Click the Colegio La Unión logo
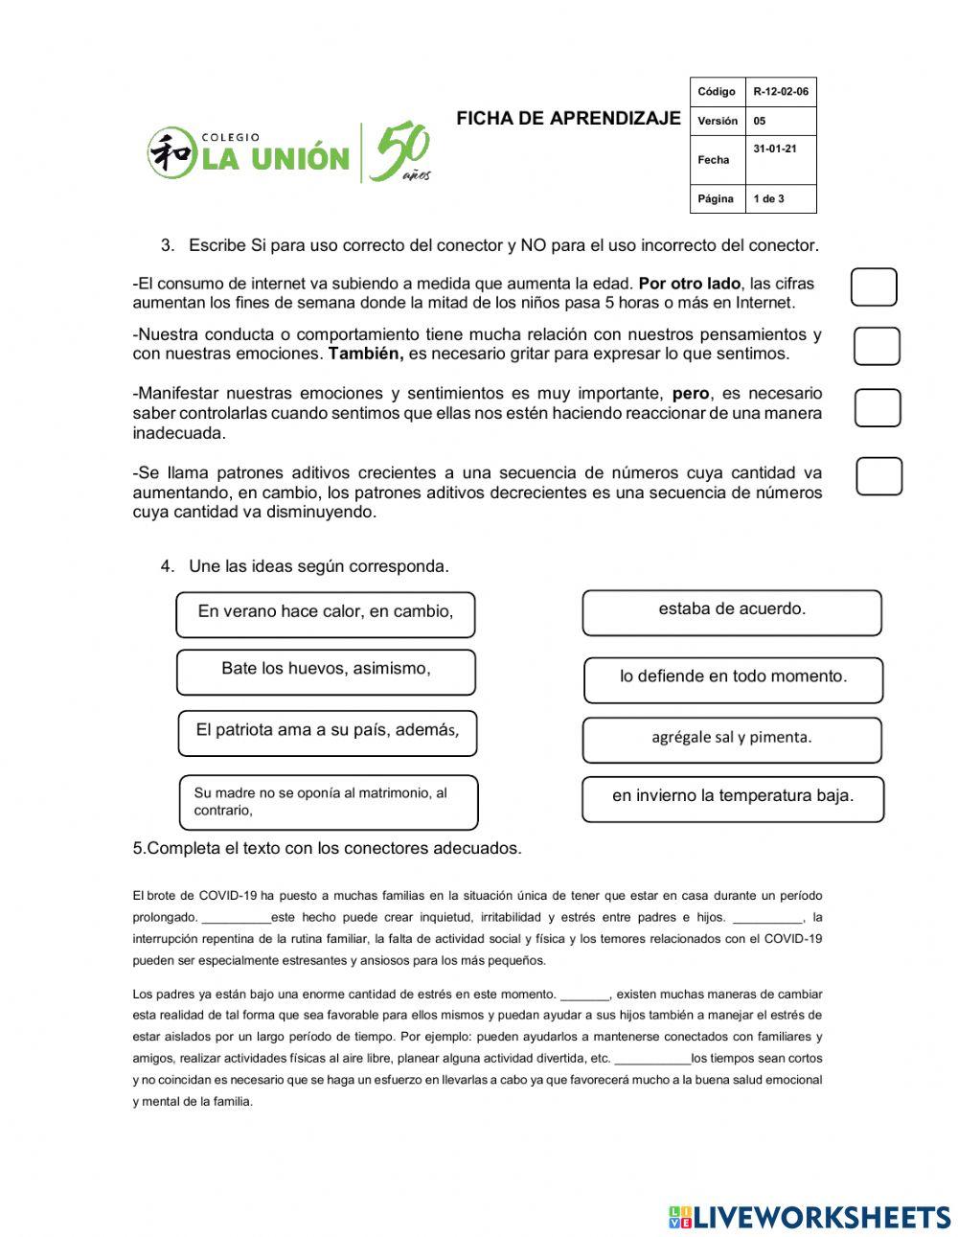tap(287, 153)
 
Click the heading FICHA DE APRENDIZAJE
tap(568, 119)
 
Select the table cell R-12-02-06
tap(780, 92)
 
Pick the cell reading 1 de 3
tap(780, 198)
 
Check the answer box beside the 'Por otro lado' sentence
tap(874, 287)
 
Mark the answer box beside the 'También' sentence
tap(877, 346)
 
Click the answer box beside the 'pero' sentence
tap(877, 407)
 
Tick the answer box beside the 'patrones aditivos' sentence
tap(878, 476)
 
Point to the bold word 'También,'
tap(366, 354)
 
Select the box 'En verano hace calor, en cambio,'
tap(326, 614)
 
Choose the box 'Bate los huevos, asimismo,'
tap(326, 672)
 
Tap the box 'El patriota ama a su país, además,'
tap(327, 733)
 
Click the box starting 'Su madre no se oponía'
tap(329, 802)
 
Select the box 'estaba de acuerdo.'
tap(732, 612)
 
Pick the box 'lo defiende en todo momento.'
tap(733, 679)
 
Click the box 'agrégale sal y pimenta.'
tap(732, 740)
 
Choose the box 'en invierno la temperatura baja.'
tap(733, 799)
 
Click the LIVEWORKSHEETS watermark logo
tap(810, 1217)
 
